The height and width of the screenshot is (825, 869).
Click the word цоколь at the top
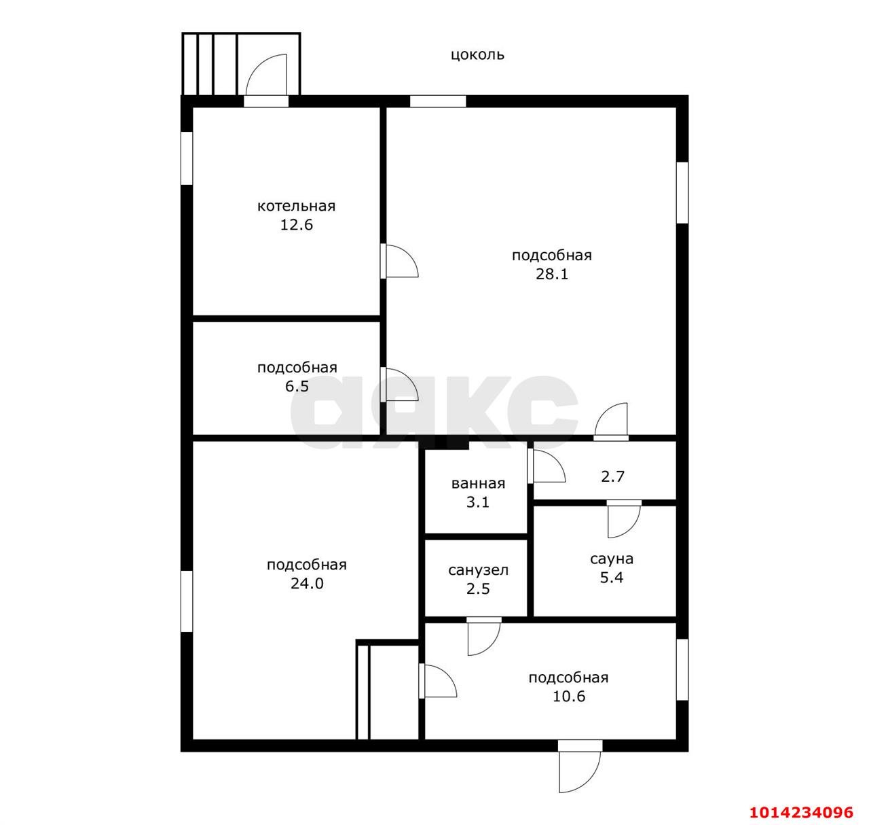(477, 55)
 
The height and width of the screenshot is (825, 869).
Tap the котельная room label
(296, 207)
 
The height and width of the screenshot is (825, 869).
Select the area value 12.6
(296, 225)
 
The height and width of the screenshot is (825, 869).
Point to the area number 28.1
(552, 275)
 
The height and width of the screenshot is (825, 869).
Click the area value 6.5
(297, 387)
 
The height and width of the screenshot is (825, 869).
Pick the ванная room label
(478, 484)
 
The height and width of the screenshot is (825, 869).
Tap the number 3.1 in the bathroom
(478, 502)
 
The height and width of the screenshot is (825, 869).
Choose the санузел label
(478, 571)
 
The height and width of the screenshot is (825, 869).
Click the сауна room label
(611, 559)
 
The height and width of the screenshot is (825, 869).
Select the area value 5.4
(611, 578)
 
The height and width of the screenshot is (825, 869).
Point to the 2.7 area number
(612, 476)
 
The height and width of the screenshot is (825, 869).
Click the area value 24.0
(307, 584)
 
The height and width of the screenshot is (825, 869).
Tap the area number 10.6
(568, 697)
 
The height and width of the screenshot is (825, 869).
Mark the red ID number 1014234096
(800, 812)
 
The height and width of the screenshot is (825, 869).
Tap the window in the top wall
(438, 101)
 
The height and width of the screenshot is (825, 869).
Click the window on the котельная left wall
(187, 158)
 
